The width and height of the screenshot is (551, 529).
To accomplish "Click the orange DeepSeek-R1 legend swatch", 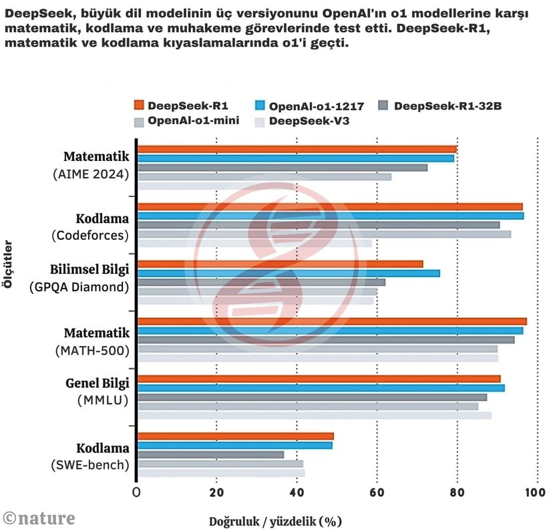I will (139, 106).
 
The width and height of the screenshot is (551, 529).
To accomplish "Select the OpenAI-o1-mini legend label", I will (194, 121).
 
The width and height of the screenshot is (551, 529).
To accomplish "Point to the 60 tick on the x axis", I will (377, 493).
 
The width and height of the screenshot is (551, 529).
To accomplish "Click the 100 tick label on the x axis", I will (534, 493).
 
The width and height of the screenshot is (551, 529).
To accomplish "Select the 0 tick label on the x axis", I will (136, 493).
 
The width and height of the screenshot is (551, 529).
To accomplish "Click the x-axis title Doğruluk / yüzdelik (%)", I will (275, 521).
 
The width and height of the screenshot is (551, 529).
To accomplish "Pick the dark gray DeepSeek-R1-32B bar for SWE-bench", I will (211, 454).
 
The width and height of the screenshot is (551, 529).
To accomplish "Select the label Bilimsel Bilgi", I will (89, 269).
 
